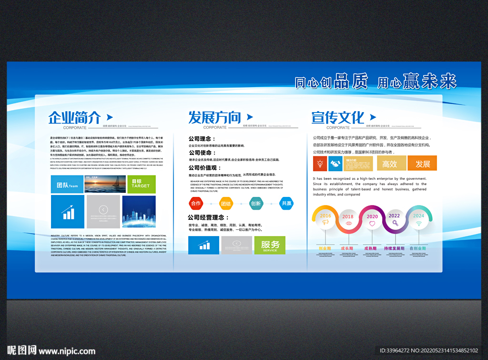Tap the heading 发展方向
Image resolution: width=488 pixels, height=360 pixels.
click(214, 117)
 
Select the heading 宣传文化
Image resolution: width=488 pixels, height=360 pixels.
click(337, 117)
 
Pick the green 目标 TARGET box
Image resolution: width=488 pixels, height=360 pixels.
click(141, 184)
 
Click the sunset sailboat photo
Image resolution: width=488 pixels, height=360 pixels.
click(105, 184)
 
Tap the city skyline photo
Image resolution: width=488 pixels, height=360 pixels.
click(139, 211)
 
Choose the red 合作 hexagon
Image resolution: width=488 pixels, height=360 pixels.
click(195, 204)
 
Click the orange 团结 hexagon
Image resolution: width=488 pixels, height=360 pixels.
click(225, 204)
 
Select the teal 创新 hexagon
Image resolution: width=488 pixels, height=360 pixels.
click(256, 204)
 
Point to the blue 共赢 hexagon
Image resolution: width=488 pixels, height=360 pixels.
click(286, 204)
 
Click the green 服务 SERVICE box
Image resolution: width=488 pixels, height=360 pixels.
click(270, 245)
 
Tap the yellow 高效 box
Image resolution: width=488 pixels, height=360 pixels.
click(389, 164)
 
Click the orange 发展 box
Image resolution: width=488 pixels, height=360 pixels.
click(422, 164)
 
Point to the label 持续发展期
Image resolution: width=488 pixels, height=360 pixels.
click(394, 248)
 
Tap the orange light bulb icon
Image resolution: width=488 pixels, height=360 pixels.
click(320, 164)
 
